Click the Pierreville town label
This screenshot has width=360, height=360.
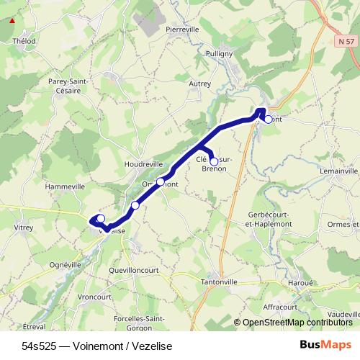click(x=181, y=30)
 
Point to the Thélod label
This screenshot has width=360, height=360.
click(x=24, y=42)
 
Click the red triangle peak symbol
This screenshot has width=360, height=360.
click(x=12, y=20)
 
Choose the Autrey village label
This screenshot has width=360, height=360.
click(x=199, y=84)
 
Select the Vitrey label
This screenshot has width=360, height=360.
click(x=23, y=227)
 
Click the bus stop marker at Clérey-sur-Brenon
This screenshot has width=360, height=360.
click(x=213, y=161)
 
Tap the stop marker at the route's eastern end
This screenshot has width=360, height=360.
click(x=268, y=120)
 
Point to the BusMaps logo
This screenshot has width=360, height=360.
click(x=327, y=345)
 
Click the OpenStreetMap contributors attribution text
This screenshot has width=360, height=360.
click(x=301, y=322)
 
